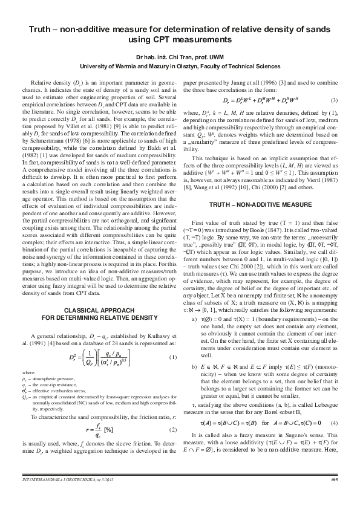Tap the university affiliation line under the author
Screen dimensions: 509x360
click(x=180, y=65)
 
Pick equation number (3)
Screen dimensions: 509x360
click(x=334, y=100)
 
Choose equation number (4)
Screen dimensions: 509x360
click(x=334, y=404)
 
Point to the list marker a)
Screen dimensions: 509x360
click(x=194, y=317)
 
